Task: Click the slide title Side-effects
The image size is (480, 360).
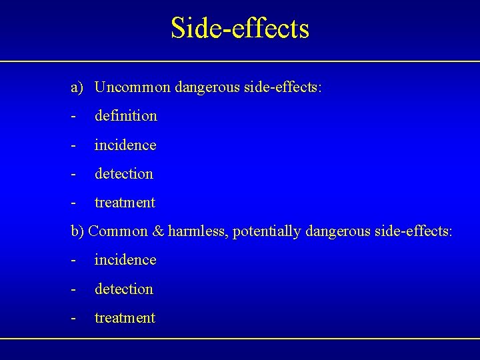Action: [x=240, y=28]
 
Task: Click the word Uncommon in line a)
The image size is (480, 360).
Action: [x=133, y=87]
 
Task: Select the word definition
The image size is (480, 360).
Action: [x=125, y=116]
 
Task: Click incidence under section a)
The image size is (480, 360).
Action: [x=125, y=145]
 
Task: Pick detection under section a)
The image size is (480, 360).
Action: [x=124, y=174]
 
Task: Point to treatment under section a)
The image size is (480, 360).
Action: [x=125, y=203]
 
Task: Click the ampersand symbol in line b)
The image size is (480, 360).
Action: [x=158, y=231]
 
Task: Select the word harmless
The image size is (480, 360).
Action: [x=197, y=231]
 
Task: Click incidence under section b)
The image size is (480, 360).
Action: [x=125, y=260]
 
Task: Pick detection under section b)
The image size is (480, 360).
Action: [x=124, y=289]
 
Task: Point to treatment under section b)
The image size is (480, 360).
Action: [x=125, y=318]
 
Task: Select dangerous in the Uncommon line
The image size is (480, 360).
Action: [x=206, y=88]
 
